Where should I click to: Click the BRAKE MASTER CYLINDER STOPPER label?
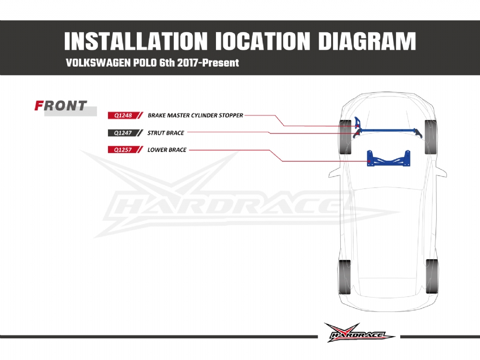pos(195,115)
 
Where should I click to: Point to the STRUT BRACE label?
pos(166,133)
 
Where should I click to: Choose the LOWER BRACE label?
pos(167,150)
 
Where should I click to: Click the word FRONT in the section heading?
pos(60,106)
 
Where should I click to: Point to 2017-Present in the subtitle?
pos(208,63)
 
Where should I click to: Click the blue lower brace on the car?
pos(388,158)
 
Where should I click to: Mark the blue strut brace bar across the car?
pos(389,132)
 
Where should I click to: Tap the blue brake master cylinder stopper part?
pos(357,122)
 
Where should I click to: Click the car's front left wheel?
pos(345,137)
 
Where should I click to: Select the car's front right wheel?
pos(431,137)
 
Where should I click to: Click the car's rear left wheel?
pos(345,277)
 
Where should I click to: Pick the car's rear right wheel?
pos(432,276)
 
